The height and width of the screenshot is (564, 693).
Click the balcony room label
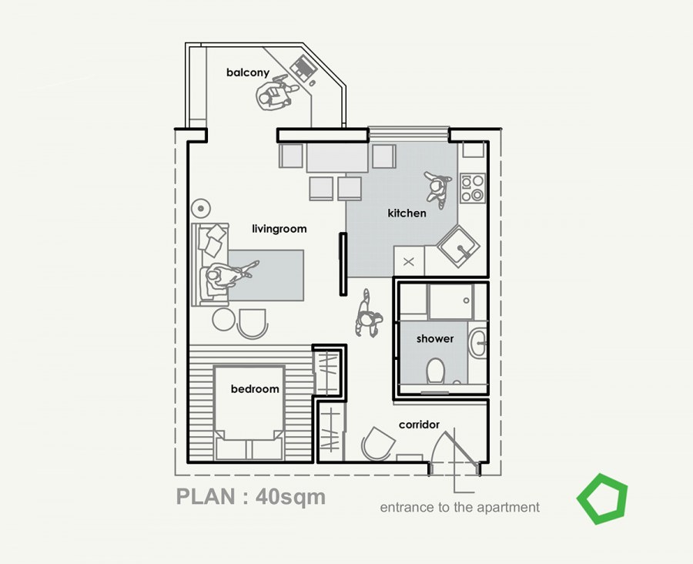(x=247, y=72)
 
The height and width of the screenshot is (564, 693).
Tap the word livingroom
(x=279, y=229)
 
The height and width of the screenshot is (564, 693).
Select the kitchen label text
(x=407, y=213)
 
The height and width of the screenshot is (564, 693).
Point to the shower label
(x=435, y=339)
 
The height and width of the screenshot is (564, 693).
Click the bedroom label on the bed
(x=255, y=389)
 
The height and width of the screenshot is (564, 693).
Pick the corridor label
(x=419, y=425)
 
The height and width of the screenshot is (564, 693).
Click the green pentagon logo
(x=602, y=499)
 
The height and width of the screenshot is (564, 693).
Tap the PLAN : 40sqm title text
(x=251, y=497)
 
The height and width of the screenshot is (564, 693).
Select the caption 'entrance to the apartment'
(x=460, y=507)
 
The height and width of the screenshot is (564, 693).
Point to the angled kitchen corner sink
(x=458, y=247)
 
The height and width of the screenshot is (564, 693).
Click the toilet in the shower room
(x=436, y=371)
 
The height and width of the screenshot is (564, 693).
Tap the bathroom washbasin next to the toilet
(x=477, y=343)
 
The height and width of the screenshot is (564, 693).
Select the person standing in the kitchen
(x=438, y=188)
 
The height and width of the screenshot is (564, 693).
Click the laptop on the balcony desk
(x=303, y=68)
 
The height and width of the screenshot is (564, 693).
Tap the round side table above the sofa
(x=201, y=208)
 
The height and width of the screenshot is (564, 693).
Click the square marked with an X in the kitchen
(x=409, y=262)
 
